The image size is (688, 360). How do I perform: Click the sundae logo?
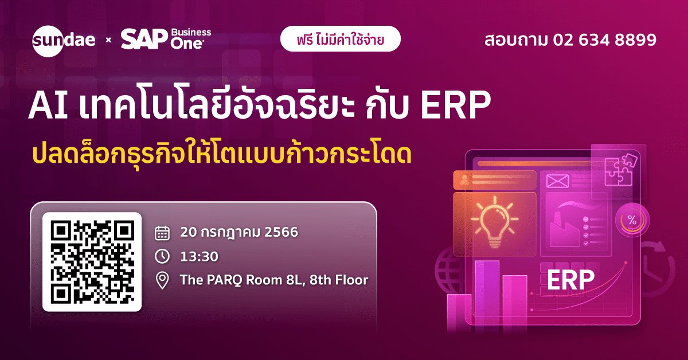(x=64, y=41)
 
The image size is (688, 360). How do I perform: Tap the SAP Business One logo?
(x=166, y=39)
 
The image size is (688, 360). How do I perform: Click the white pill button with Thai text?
(x=341, y=39)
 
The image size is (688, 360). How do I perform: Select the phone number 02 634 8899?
(x=605, y=40)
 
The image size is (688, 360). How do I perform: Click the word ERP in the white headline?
(x=455, y=105)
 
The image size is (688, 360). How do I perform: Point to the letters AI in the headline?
(x=48, y=105)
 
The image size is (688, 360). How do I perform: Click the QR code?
(x=92, y=262)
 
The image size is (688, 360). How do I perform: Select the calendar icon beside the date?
(x=162, y=233)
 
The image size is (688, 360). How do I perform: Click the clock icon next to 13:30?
(x=162, y=256)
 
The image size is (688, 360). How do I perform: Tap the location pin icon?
(x=162, y=280)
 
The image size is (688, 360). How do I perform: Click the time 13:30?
(x=200, y=256)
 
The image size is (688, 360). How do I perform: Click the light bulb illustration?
(x=495, y=222)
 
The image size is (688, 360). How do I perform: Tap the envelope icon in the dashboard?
(x=557, y=181)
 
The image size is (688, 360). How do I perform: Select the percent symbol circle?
(x=632, y=220)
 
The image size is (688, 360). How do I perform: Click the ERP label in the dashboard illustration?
(x=570, y=280)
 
